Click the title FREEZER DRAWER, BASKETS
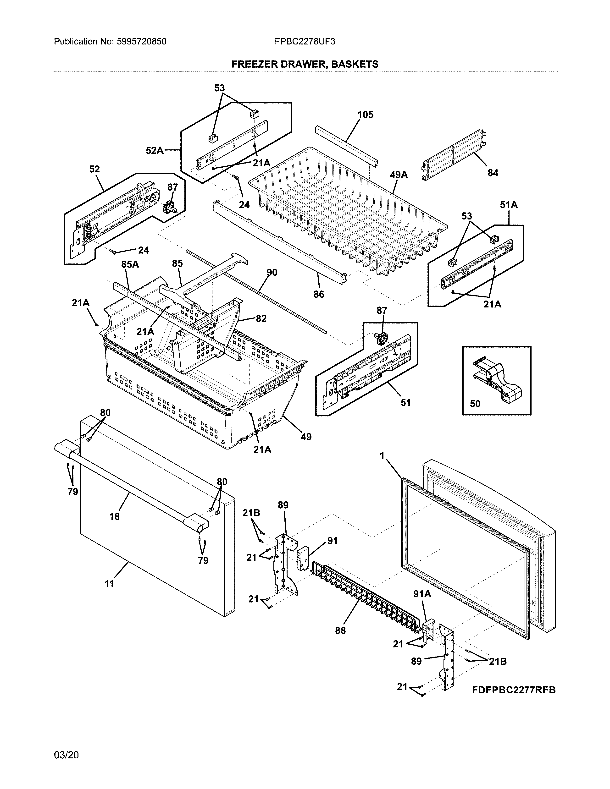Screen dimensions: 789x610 coord(305,64)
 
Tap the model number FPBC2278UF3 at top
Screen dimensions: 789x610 coord(305,42)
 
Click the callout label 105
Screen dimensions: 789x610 coord(365,115)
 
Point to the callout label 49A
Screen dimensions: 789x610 coord(399,175)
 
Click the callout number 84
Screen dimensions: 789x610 coord(493,173)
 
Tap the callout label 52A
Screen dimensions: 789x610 coord(155,150)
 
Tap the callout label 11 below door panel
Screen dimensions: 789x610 coord(109,583)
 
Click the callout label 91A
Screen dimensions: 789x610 coord(422,594)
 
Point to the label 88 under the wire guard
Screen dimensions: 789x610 coord(340,630)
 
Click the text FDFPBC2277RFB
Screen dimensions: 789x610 coord(514,690)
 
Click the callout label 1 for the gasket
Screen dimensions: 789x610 coord(382,456)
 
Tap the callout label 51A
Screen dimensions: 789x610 coord(509,205)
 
